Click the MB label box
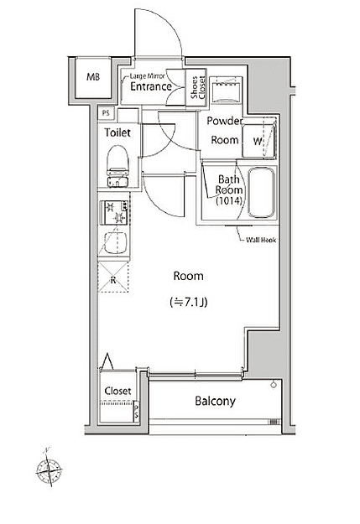[91, 78]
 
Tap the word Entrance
[151, 86]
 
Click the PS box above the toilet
[106, 113]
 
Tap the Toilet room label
[117, 132]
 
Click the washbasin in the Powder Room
[225, 88]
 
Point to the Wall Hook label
[261, 240]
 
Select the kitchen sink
[114, 244]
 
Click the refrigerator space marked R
[113, 280]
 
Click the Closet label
[117, 392]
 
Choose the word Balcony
[216, 401]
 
